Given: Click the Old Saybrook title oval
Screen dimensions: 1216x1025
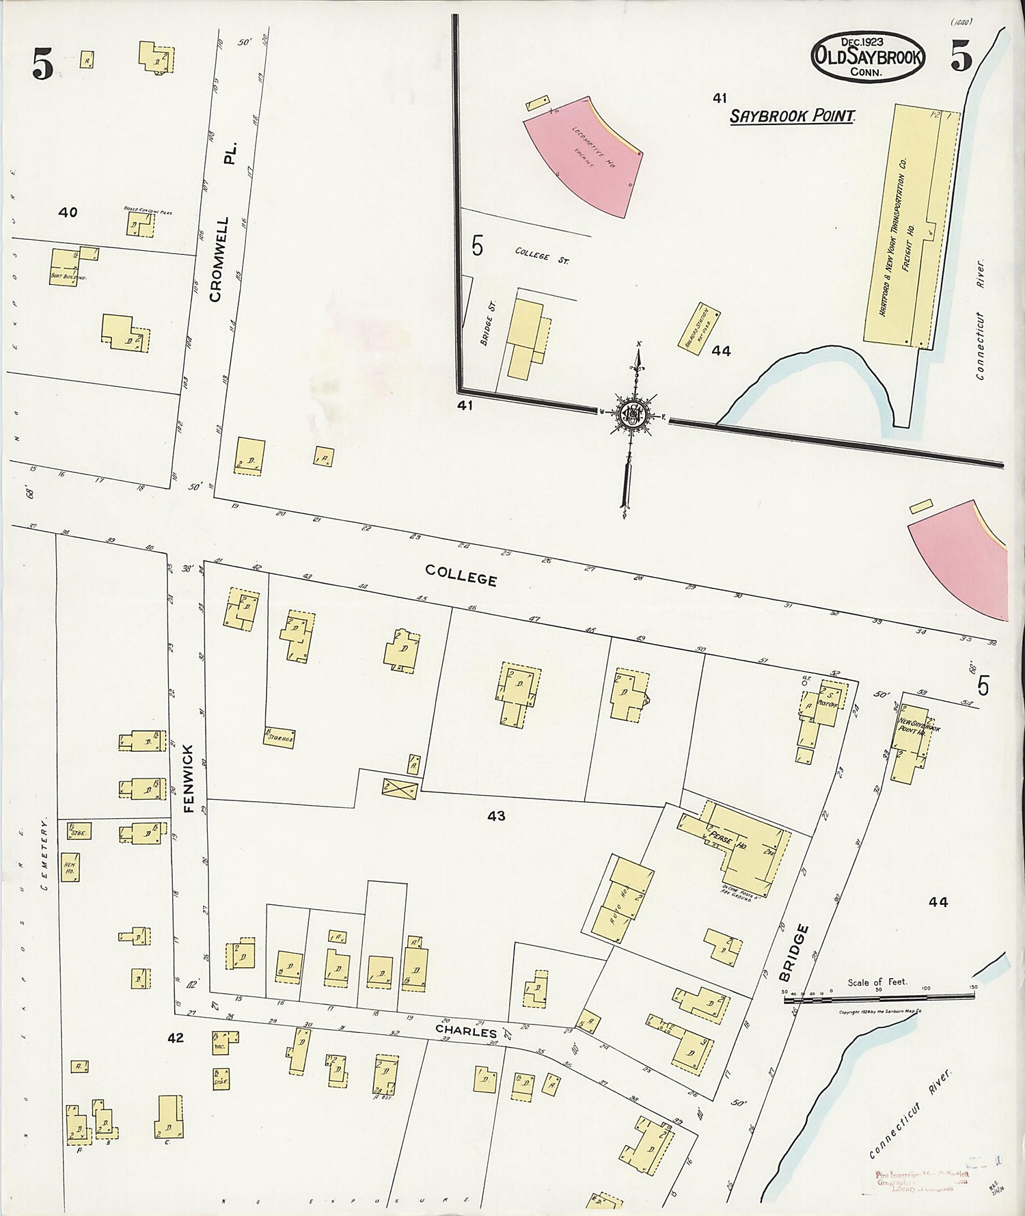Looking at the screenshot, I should point(867,57).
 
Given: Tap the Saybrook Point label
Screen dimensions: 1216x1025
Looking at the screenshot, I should point(792,116).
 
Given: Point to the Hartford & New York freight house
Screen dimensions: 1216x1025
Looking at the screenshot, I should point(902,226).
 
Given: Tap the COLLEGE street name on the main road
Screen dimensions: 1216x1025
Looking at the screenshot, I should point(461,576).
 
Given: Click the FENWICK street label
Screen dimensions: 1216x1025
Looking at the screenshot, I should point(189,778).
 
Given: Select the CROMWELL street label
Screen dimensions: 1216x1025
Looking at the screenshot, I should point(217,260).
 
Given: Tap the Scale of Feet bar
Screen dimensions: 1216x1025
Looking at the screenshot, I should point(878,999).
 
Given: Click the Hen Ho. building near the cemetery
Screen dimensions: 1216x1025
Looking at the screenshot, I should point(70,867).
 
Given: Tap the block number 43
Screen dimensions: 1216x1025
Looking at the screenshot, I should point(496,815).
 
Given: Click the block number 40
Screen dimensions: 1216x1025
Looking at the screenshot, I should point(68,213).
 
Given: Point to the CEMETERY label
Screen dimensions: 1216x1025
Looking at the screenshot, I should point(45,854).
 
